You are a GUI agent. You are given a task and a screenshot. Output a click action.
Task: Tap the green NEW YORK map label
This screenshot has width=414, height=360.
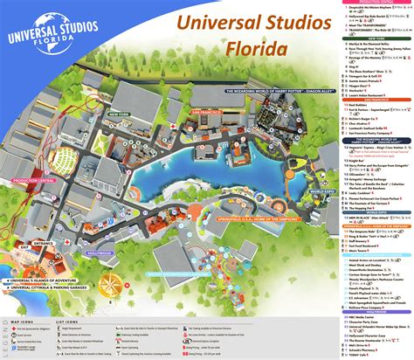tap(119, 114)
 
